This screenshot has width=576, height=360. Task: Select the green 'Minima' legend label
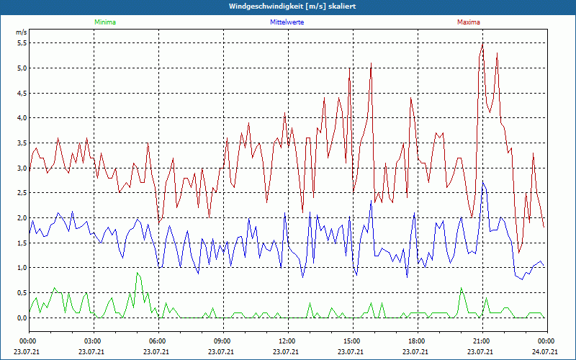(104, 22)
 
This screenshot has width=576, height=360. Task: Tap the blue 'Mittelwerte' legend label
(287, 22)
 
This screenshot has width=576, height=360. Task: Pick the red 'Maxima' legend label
(468, 22)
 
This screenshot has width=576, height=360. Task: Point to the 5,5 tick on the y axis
(21, 43)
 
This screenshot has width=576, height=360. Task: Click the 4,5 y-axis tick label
(21, 93)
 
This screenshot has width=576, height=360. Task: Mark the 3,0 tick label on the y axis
(21, 168)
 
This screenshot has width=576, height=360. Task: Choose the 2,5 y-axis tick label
(21, 193)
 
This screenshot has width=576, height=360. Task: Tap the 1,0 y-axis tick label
(21, 268)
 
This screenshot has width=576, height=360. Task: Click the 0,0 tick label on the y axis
(21, 318)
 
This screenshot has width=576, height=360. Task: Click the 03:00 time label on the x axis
(94, 341)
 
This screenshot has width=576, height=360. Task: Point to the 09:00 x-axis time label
(222, 341)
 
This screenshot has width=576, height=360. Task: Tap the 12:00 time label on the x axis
(287, 341)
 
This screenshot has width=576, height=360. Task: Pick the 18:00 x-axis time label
(416, 341)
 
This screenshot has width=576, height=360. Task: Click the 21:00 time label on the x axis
(481, 341)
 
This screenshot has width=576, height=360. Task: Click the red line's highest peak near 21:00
(482, 43)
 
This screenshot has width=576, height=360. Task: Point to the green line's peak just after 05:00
(137, 272)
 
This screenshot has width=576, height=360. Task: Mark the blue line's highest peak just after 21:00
(484, 183)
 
